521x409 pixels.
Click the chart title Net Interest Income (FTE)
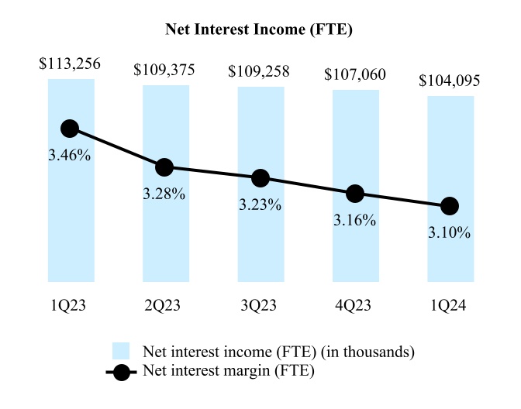(x=260, y=30)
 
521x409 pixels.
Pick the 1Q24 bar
(x=450, y=248)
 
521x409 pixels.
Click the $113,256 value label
(x=71, y=65)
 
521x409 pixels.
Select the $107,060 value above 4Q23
(x=355, y=76)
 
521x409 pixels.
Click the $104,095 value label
(x=450, y=81)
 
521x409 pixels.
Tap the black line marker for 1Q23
(x=70, y=129)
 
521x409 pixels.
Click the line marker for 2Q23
(x=164, y=167)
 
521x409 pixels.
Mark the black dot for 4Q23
(x=355, y=194)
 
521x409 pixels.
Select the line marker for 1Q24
(x=450, y=206)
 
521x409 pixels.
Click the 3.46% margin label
(x=70, y=156)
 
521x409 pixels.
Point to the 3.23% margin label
(x=260, y=207)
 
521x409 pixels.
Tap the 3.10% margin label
(x=450, y=232)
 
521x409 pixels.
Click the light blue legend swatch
(x=122, y=351)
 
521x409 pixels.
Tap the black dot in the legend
(x=122, y=371)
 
